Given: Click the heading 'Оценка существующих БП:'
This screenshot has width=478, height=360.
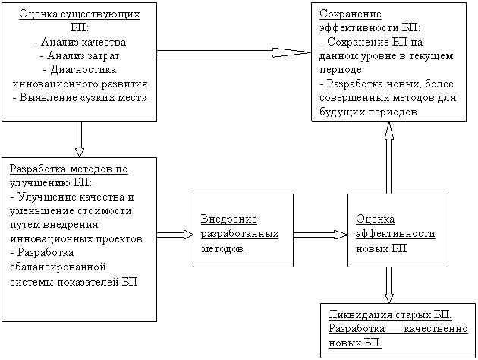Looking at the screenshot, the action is pos(79,21).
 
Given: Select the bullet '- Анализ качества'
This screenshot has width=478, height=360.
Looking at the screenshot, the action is pos(80,42).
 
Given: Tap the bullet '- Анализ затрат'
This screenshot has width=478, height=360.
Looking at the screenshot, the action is pos(80,56).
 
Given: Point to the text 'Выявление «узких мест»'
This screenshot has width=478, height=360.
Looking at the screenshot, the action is pos(83,98).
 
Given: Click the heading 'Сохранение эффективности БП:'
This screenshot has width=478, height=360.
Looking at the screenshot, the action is pos(370,21).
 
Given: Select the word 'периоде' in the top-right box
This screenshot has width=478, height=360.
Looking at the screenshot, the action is pos(341,70).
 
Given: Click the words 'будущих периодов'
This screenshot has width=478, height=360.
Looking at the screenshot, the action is pos(368,112).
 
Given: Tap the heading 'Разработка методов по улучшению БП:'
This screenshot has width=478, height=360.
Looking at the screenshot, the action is pos(69,176).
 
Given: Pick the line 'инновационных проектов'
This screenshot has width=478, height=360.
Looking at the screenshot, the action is pos(76,239).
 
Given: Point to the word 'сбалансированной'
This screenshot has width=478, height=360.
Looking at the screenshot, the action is pos(58,267).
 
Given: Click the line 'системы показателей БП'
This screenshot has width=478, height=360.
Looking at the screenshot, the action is pos(74,282).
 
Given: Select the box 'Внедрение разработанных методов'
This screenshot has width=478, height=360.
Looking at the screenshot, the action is pos(244,230).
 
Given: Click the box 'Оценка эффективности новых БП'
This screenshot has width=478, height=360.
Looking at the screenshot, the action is pos(398,230).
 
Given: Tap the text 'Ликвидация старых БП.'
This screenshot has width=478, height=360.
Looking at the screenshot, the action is pos(390,314).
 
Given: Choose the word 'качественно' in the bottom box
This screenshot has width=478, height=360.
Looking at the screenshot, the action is pos(436,329).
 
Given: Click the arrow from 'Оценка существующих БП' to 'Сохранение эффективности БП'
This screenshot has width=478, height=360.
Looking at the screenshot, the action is pos(234,52).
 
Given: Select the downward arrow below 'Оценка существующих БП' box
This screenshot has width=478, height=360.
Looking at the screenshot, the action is pos(79,139).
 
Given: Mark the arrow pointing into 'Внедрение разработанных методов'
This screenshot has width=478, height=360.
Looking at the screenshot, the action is pos(175,235).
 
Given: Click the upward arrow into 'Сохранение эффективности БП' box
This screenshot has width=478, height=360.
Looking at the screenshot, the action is pos(388,157).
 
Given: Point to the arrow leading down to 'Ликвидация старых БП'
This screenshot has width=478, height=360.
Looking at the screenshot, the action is pos(388,285).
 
